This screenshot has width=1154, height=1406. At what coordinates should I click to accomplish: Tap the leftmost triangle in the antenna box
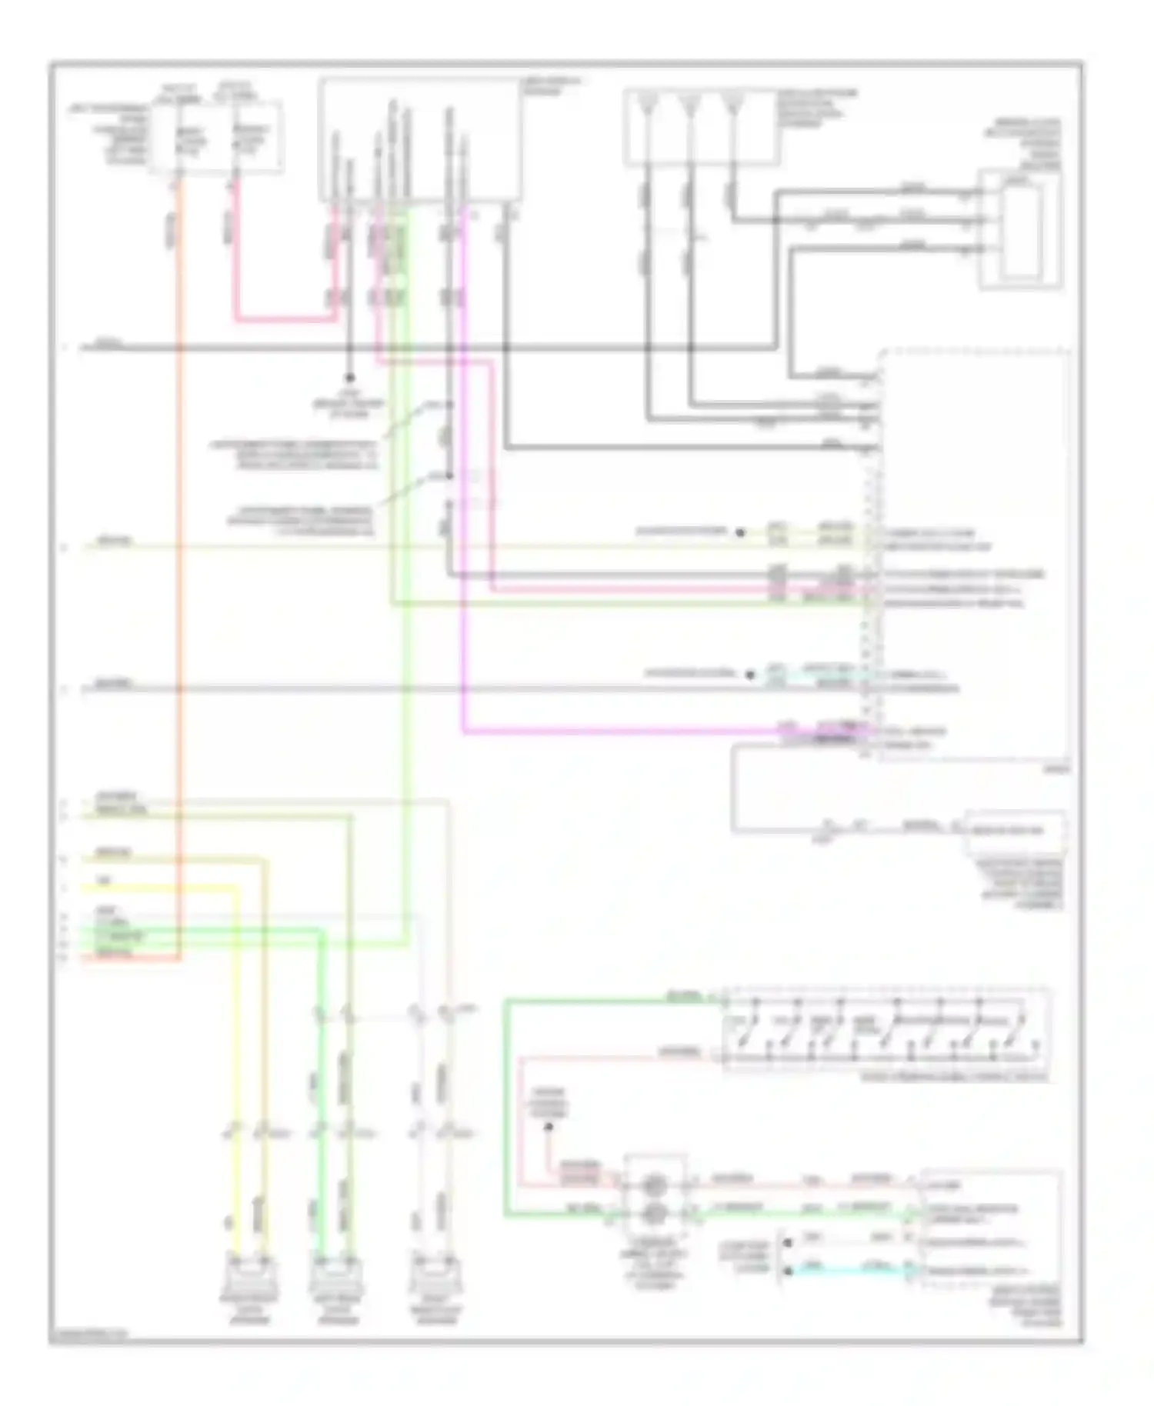pos(649,102)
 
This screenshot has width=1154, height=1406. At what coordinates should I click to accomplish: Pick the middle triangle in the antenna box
pos(691,102)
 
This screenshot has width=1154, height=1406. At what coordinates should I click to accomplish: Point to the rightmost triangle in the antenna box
pos(733,102)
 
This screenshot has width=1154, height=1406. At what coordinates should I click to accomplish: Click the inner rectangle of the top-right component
pos(1022,229)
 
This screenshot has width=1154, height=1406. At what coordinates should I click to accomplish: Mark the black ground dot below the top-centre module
pos(349,378)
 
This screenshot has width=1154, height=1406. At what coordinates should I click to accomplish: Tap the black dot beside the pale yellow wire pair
pos(740,532)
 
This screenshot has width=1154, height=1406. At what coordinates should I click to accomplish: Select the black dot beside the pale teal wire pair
pos(750,675)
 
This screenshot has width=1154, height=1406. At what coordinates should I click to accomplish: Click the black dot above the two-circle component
pos(549,1128)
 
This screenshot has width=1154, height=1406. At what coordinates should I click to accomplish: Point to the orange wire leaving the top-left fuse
pos(179,538)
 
